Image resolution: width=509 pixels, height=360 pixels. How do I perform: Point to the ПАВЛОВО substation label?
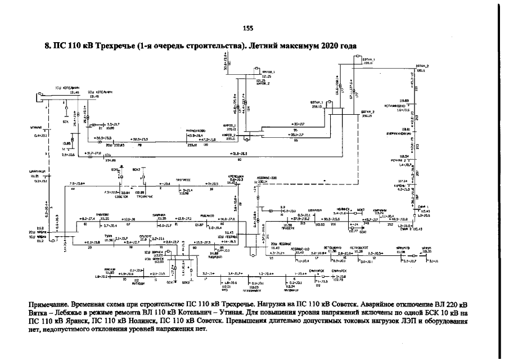coord(104,214)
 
